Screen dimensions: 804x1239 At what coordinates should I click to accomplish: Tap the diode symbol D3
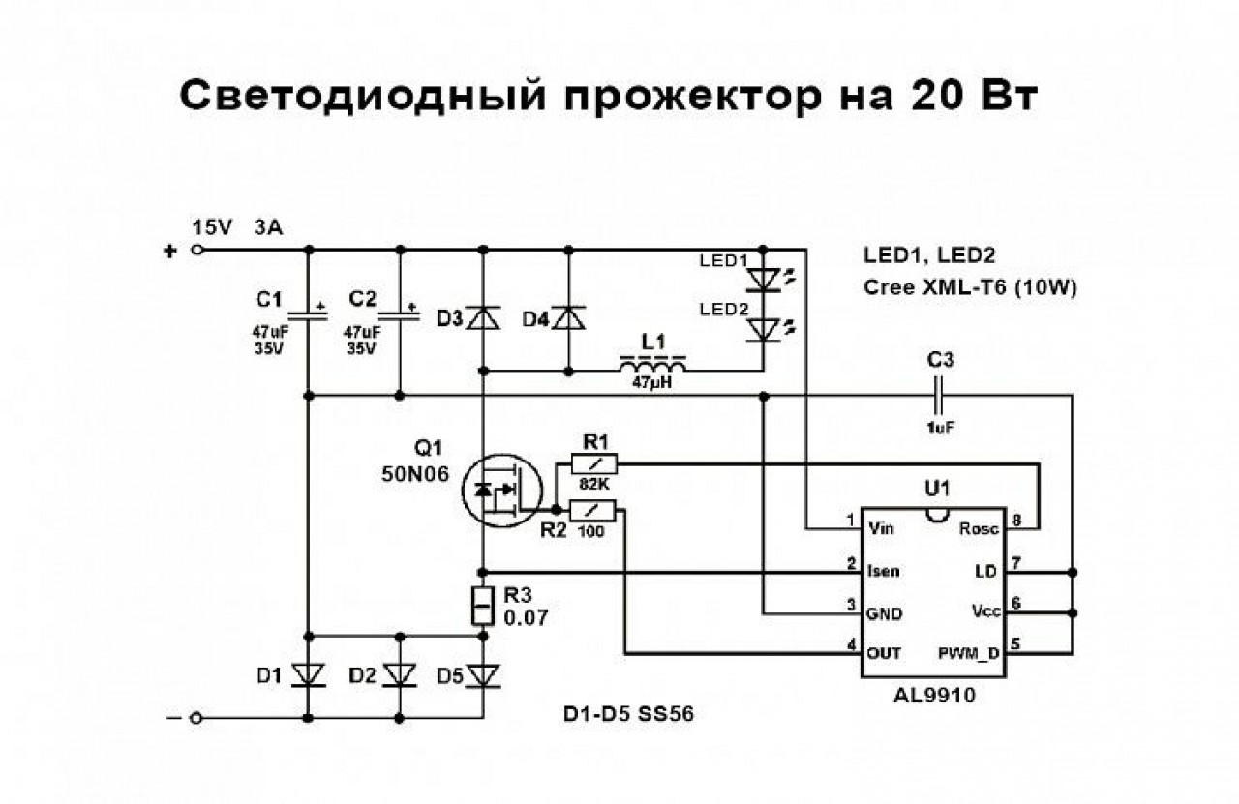(x=482, y=317)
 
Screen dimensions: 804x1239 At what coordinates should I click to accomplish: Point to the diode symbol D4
(x=567, y=317)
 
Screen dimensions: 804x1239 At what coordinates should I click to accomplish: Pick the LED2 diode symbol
(x=765, y=331)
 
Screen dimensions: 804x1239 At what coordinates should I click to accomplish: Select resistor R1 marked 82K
(x=592, y=464)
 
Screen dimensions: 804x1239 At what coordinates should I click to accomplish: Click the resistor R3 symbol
(x=482, y=605)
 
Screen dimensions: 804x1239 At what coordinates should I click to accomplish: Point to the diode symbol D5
(x=482, y=674)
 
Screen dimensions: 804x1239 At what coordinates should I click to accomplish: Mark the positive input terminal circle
(x=198, y=250)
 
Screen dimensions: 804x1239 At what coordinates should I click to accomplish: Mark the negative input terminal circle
(x=198, y=719)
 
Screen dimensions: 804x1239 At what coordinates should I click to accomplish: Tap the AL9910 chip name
(x=936, y=695)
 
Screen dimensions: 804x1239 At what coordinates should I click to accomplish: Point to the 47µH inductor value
(x=653, y=384)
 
